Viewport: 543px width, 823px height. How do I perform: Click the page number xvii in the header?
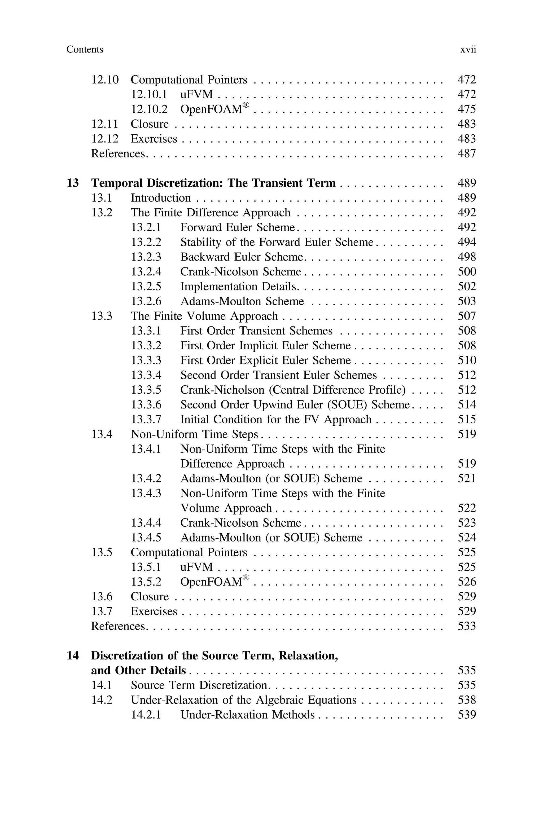coord(468,50)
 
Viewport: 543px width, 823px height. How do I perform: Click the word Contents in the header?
coord(85,50)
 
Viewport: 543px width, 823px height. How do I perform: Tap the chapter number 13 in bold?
coord(73,183)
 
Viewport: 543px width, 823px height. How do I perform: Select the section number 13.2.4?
coord(146,272)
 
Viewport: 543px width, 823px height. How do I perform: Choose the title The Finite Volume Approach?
coord(204,316)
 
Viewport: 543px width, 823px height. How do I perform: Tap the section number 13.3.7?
coord(146,420)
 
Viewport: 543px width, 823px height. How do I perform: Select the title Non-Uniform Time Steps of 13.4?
coord(194,434)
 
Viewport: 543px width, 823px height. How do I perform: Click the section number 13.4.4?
coord(146,523)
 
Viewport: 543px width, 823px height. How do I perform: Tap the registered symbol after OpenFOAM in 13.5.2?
coord(246,578)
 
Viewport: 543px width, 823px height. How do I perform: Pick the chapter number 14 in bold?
coord(73,656)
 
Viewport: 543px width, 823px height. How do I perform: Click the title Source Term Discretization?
coord(199,685)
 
